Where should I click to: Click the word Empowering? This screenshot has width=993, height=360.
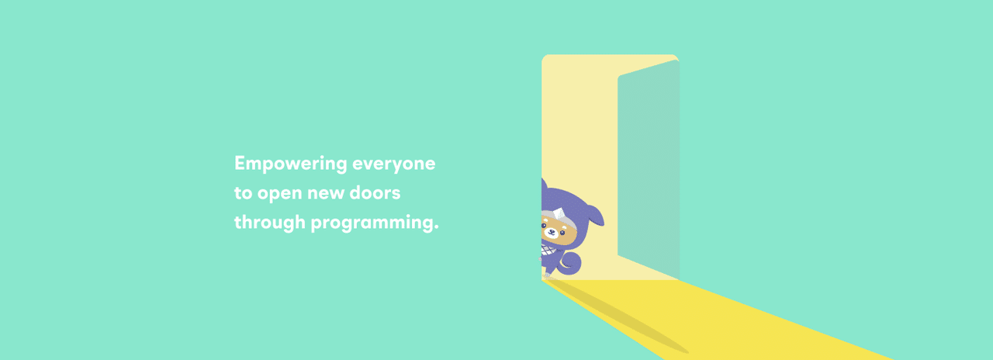click(x=291, y=164)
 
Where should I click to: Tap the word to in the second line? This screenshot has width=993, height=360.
click(x=244, y=193)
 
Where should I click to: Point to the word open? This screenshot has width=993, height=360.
click(x=280, y=195)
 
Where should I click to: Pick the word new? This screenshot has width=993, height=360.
click(x=326, y=194)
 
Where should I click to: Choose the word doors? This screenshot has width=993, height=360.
click(x=375, y=193)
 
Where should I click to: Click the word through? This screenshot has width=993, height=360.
click(x=269, y=223)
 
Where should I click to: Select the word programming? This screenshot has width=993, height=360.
click(x=372, y=223)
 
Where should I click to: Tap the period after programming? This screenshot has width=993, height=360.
click(x=436, y=227)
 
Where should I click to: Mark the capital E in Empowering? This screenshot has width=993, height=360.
click(x=240, y=163)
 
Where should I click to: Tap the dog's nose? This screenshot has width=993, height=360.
click(x=551, y=231)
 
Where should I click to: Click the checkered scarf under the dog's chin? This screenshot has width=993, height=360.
click(x=548, y=251)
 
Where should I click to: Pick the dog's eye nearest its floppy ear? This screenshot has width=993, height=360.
click(x=562, y=234)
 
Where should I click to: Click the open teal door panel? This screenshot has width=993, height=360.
click(x=649, y=169)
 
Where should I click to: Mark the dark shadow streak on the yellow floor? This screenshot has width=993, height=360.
click(x=616, y=316)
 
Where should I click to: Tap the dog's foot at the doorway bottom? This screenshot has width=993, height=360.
click(x=547, y=275)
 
